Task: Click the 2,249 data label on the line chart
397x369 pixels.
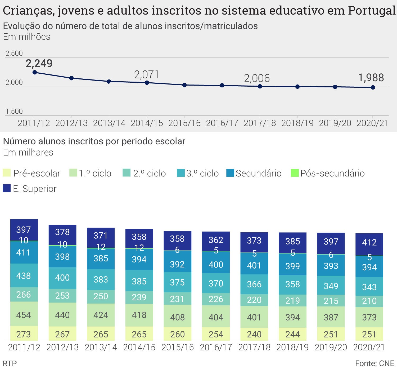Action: click(x=39, y=64)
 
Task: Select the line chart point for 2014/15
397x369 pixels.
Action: click(x=147, y=83)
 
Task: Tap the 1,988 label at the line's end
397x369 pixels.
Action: click(x=371, y=78)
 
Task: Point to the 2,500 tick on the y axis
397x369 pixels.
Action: click(x=14, y=54)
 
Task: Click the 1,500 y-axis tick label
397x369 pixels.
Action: click(x=14, y=111)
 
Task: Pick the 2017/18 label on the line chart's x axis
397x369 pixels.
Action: click(x=260, y=123)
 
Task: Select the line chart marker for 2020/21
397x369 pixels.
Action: click(x=373, y=87)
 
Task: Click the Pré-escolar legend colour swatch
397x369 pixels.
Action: click(x=7, y=173)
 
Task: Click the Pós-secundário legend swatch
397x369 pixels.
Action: click(x=295, y=173)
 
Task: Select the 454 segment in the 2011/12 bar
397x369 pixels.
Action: click(x=24, y=315)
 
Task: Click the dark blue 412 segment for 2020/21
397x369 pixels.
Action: click(x=369, y=243)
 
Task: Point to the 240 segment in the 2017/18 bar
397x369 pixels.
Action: click(x=254, y=334)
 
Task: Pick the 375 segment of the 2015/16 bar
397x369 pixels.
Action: click(x=177, y=282)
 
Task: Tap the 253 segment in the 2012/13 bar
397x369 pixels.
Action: click(x=62, y=296)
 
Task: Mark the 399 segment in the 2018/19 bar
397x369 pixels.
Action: click(x=292, y=266)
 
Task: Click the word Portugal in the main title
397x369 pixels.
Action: click(x=372, y=11)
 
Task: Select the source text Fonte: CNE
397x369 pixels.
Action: click(x=375, y=363)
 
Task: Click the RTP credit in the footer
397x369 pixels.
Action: click(x=10, y=363)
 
